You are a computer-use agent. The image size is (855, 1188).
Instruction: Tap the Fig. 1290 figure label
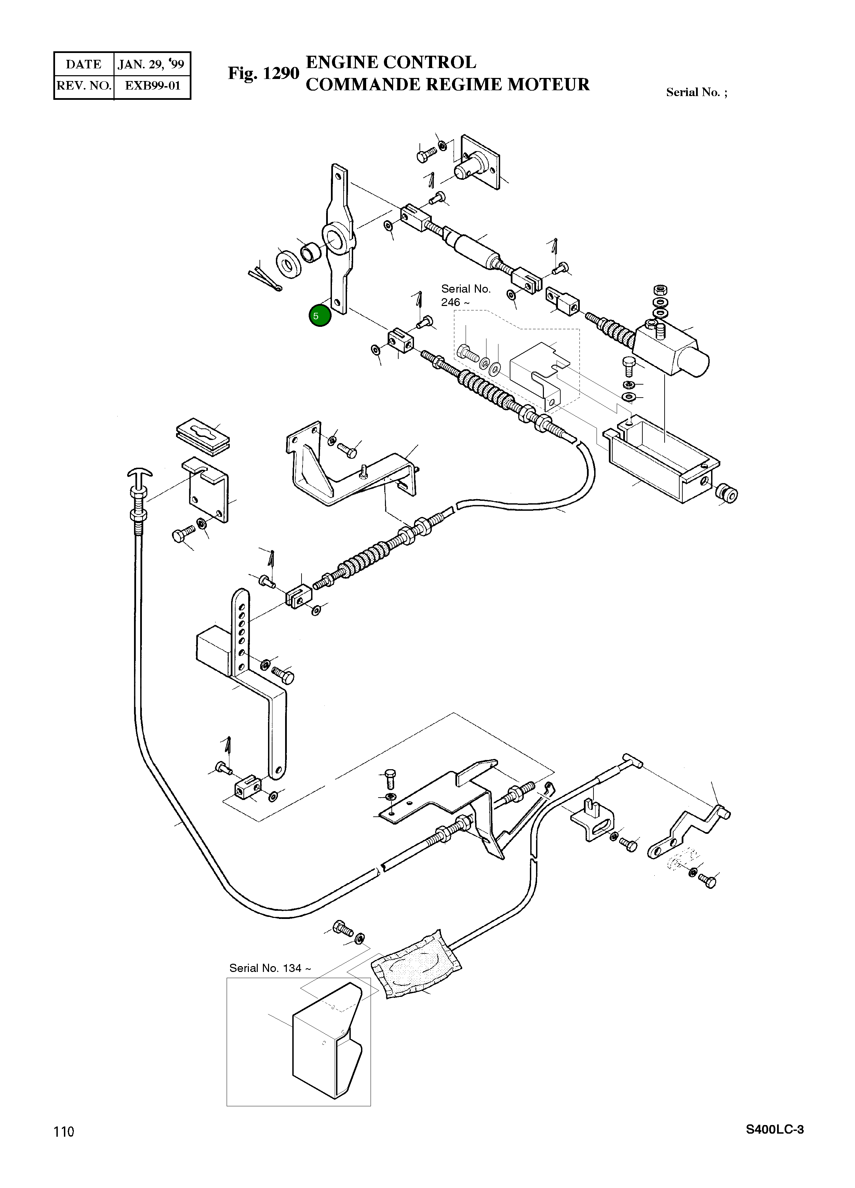click(263, 74)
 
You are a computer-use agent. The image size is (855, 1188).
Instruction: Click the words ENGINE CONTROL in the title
click(391, 62)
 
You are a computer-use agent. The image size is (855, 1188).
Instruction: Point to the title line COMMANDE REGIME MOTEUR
click(447, 84)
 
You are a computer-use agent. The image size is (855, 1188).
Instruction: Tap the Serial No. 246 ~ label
click(466, 295)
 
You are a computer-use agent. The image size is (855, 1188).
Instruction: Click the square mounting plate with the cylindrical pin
click(479, 162)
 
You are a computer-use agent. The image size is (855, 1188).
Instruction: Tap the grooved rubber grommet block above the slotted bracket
click(203, 434)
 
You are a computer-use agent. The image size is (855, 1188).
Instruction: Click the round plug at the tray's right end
click(727, 493)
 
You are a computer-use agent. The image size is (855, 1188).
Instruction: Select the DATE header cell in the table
click(84, 64)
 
